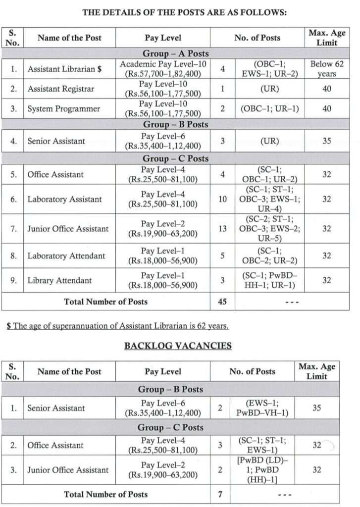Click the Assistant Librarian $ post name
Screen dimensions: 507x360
click(64, 69)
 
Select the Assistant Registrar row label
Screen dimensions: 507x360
click(60, 89)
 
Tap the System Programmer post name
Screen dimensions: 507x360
click(63, 109)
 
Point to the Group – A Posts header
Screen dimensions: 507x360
click(176, 53)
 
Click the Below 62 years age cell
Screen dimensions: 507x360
click(327, 69)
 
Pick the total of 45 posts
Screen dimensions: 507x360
click(223, 301)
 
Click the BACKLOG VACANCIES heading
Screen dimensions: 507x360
click(178, 346)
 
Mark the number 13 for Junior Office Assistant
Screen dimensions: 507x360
click(223, 229)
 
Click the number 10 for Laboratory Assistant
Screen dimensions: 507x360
click(223, 200)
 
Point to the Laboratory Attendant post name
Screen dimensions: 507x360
click(66, 256)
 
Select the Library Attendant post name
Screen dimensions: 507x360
click(59, 280)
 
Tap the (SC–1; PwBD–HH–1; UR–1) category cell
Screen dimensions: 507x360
click(270, 280)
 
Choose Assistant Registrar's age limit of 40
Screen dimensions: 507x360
click(327, 89)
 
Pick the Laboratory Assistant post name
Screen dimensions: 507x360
click(64, 200)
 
